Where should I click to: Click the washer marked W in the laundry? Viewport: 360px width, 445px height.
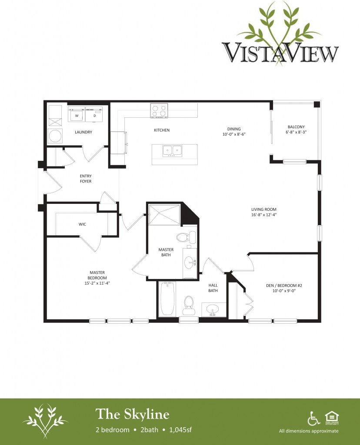pos(77,114)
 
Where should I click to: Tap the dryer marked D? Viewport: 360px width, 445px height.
pos(94,114)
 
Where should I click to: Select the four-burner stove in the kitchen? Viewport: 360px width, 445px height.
pos(159,111)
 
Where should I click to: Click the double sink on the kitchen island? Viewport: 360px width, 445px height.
pos(172,150)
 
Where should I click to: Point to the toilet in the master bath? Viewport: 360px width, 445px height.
pos(186,237)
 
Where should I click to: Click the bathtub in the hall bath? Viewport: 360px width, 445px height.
pos(167,299)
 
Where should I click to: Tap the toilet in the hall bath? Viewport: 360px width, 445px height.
pos(189,305)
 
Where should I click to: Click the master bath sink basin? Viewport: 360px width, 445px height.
pos(190,263)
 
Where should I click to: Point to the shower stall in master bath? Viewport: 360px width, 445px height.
pos(164,215)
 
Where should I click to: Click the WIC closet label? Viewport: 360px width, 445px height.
pos(82,224)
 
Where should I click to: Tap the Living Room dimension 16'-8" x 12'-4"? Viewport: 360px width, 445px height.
pos(264,215)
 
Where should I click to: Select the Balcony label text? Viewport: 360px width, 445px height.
pos(296,127)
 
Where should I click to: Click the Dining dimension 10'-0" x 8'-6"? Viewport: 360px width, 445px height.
pos(234,134)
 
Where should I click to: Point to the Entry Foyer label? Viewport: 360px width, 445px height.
pos(86,179)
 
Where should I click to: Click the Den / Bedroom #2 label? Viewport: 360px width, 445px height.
pos(284,286)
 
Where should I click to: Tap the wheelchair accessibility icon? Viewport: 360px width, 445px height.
pos(313,418)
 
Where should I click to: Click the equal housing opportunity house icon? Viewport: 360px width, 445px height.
pos(332,418)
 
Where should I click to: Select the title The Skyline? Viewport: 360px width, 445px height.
pos(132,414)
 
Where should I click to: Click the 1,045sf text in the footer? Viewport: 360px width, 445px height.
pos(180,430)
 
